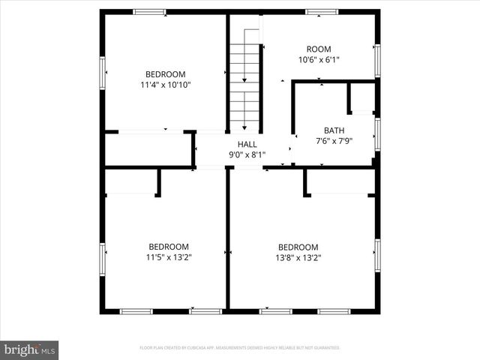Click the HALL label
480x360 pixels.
pos(247,145)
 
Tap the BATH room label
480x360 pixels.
pos(334,130)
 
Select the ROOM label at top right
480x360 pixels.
pos(319,49)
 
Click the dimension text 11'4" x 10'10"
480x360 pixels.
pos(166,85)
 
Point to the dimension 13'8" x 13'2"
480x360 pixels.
pos(298,257)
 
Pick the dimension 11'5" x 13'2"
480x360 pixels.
pos(169,257)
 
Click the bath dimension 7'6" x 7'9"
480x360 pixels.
pos(334,140)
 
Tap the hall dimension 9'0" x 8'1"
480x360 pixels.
pos(247,155)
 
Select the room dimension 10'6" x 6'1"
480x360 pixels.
pos(319,60)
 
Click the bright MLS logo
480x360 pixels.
pos(30,349)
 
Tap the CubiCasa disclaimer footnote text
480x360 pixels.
pos(240,348)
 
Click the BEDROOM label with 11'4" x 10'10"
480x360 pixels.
pos(165,74)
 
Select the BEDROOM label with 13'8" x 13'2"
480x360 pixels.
pos(298,247)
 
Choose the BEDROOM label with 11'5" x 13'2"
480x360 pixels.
pos(169,247)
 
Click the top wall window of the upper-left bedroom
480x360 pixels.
pos(150,12)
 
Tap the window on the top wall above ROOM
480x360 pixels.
pos(322,12)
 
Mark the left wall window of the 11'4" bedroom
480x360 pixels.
pos(103,73)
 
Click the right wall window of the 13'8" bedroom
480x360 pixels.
pos(377,255)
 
